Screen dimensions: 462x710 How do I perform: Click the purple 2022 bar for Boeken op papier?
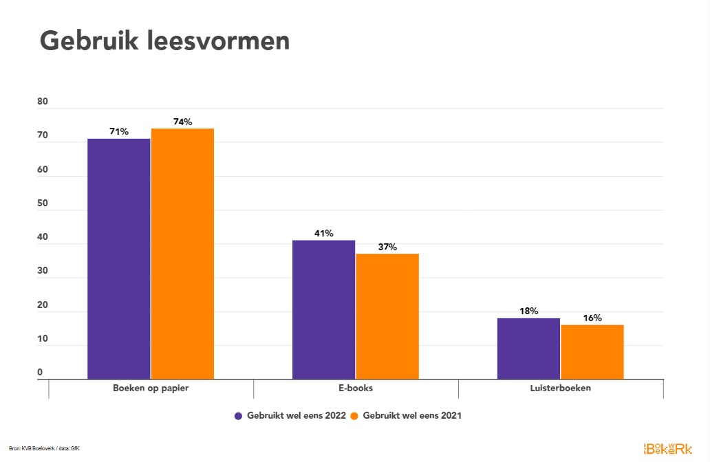(x=118, y=258)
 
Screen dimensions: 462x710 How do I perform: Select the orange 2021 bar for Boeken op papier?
(x=182, y=254)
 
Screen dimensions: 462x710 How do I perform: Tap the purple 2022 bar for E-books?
(x=323, y=309)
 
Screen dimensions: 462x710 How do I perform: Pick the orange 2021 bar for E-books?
(x=387, y=316)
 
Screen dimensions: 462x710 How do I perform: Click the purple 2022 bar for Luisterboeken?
(x=528, y=349)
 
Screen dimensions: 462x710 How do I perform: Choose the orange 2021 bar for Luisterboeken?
(x=592, y=352)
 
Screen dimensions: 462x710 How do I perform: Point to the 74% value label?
(x=182, y=122)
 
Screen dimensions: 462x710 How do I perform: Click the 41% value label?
(x=323, y=233)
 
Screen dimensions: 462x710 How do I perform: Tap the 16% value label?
(x=592, y=318)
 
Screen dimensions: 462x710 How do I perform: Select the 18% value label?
(x=528, y=311)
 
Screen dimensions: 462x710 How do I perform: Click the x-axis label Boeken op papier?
(x=151, y=388)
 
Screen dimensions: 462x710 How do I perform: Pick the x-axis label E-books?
(x=356, y=388)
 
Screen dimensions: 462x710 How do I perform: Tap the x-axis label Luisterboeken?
(x=561, y=388)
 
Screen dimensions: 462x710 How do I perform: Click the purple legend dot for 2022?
(x=239, y=416)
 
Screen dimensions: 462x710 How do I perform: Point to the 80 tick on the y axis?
(x=43, y=102)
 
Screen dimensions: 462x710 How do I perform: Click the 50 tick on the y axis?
(x=43, y=203)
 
